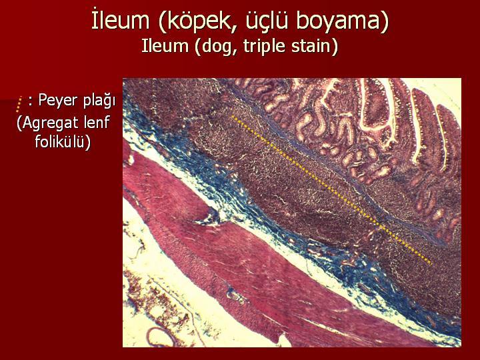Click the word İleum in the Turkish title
click(x=120, y=20)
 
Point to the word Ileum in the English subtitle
click(x=165, y=46)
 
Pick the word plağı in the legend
click(x=99, y=101)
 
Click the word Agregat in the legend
click(x=51, y=123)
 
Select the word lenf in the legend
click(x=97, y=122)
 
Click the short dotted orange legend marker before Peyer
click(x=19, y=104)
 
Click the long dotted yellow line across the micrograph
click(x=332, y=190)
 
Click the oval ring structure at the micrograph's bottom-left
click(x=161, y=337)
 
